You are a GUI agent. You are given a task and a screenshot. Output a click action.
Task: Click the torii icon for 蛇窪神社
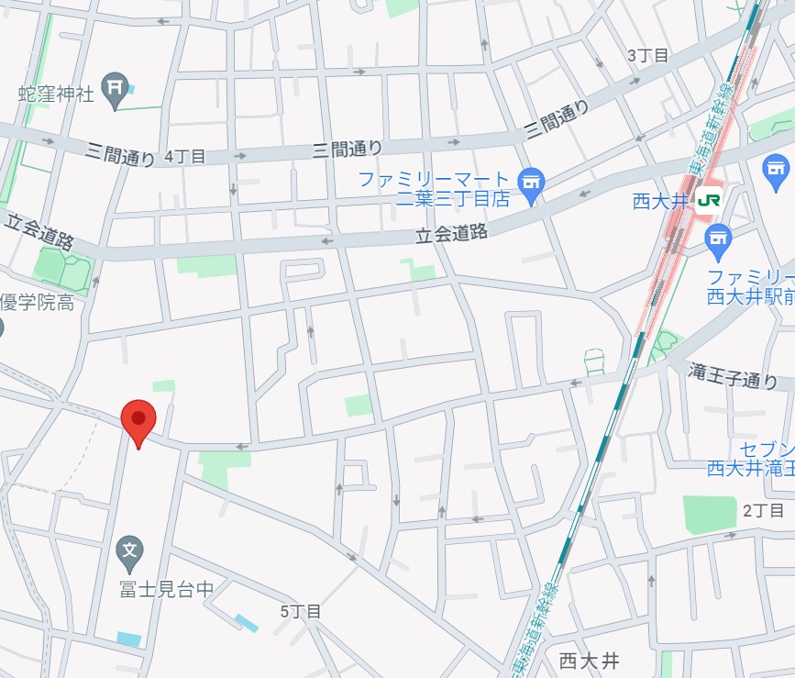115,88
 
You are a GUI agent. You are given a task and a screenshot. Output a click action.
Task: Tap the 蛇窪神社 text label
57,94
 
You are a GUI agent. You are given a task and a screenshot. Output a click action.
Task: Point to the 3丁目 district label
647,55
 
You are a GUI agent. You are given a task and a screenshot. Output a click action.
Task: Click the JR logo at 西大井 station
709,200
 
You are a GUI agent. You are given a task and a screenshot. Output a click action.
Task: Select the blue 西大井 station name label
659,201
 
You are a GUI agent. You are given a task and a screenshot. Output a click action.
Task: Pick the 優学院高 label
37,302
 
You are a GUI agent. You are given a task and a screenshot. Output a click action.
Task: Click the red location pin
138,421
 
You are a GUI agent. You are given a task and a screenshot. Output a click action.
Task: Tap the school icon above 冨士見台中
130,550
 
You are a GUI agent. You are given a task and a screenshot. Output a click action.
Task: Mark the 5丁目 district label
301,610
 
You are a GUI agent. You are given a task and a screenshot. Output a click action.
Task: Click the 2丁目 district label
763,510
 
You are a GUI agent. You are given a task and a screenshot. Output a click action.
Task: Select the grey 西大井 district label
589,660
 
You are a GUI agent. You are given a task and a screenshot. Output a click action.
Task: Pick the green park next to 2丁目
710,515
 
